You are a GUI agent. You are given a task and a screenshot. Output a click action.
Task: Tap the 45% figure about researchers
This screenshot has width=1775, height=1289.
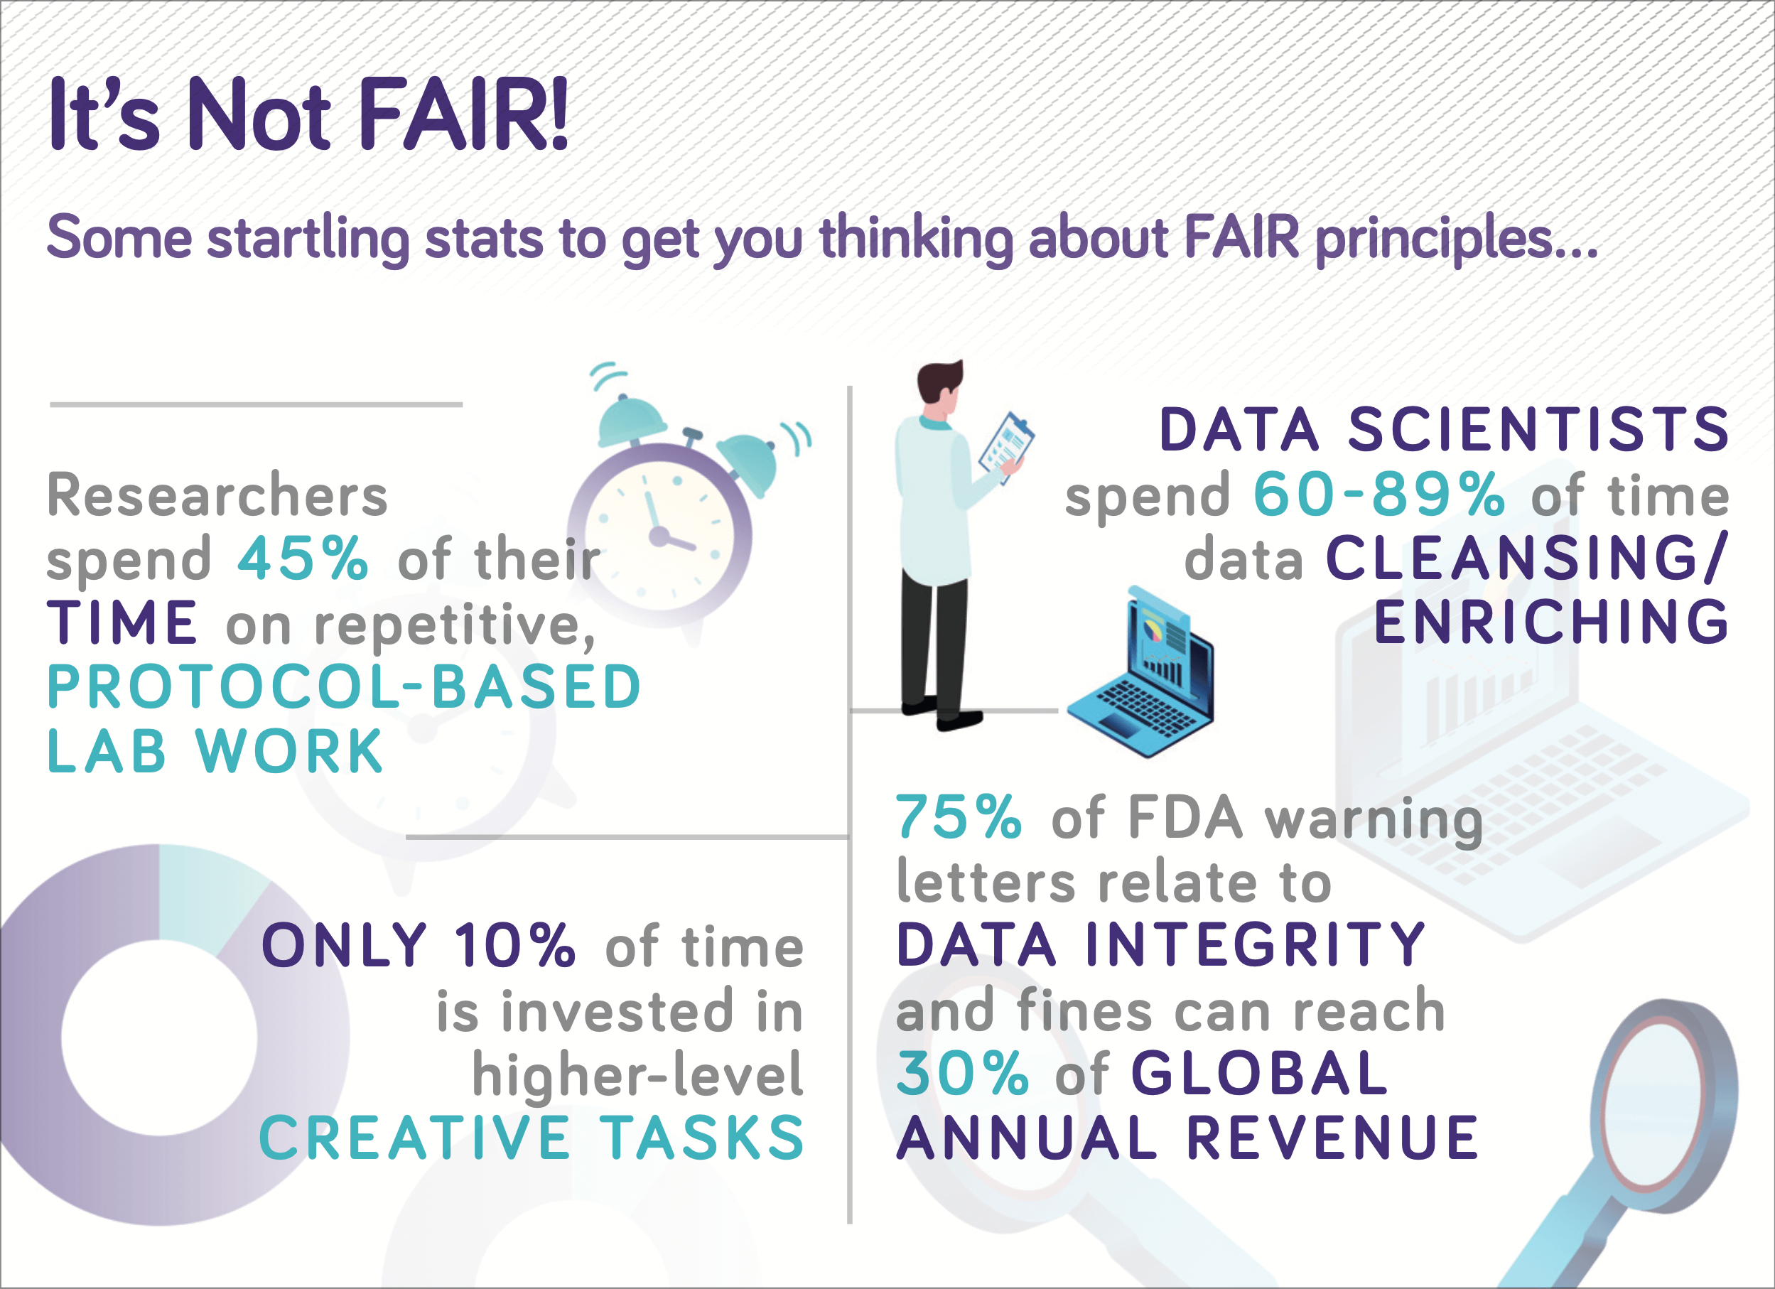pos(303,559)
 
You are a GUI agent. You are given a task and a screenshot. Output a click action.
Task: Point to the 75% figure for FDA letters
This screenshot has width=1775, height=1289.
pos(959,817)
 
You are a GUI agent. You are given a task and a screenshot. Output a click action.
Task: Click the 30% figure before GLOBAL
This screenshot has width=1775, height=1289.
pos(962,1073)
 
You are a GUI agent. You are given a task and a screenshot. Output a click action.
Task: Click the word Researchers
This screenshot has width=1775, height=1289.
pos(217,495)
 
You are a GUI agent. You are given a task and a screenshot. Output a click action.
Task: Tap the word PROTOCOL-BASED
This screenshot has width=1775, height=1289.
pos(345,687)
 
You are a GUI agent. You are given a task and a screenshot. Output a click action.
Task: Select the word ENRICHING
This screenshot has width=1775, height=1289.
pos(1551,622)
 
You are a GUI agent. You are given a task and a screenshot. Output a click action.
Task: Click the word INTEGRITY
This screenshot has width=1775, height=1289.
pos(1256,944)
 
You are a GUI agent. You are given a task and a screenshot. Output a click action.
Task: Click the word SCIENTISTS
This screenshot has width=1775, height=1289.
pos(1538,430)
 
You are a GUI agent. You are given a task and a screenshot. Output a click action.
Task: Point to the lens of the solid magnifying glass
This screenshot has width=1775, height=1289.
pos(1653,1091)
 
